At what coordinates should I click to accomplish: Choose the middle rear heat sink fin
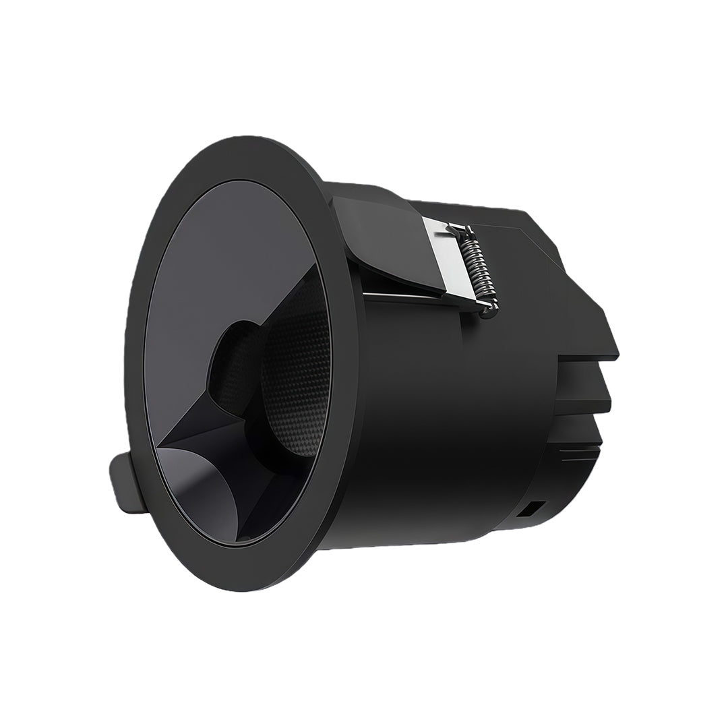pos(586,398)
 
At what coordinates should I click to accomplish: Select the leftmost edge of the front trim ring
pos(128,364)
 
